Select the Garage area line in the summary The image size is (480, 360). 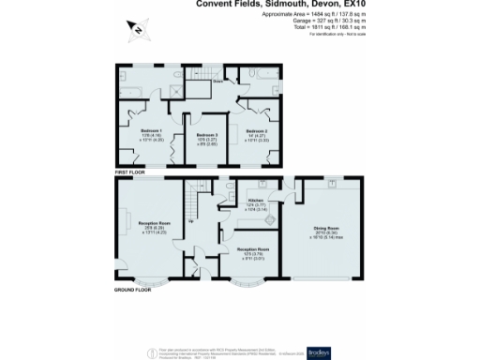[x=321, y=22]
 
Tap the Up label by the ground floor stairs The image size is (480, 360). [x=193, y=221]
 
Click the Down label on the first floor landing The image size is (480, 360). [x=217, y=82]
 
